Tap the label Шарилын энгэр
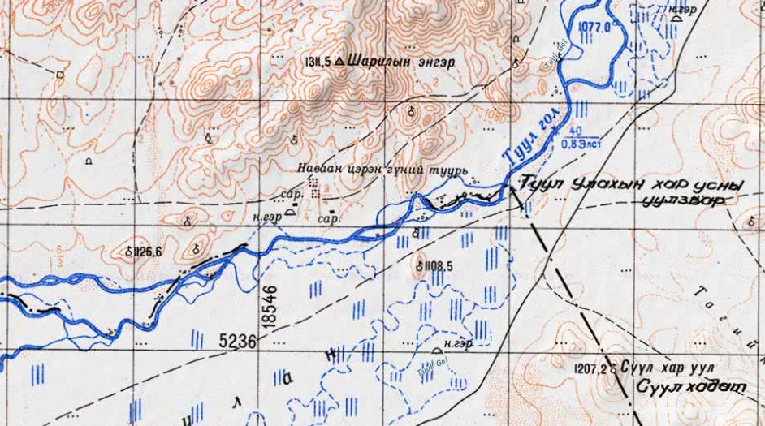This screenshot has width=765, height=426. tap(401, 61)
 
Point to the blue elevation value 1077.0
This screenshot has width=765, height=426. tap(594, 27)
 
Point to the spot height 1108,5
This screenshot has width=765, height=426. tap(434, 265)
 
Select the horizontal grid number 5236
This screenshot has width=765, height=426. tap(237, 342)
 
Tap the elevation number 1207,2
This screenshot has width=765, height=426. tap(590, 368)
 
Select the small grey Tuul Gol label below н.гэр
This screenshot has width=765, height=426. tap(425, 368)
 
